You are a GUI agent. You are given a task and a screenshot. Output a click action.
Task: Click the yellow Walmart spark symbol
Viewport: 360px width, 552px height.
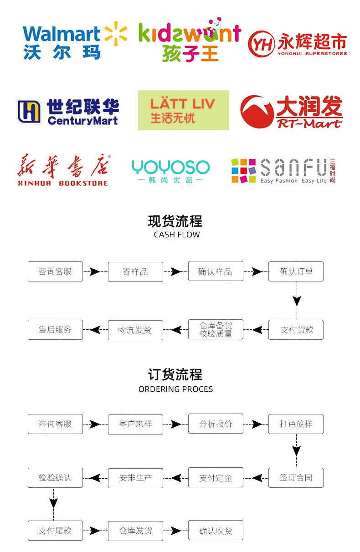(116, 34)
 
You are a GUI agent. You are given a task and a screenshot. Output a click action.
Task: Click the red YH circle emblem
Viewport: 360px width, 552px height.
(262, 44)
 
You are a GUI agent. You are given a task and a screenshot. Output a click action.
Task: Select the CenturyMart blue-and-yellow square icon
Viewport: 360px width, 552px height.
(29, 112)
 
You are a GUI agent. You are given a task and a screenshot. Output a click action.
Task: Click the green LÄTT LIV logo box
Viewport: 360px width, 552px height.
(184, 110)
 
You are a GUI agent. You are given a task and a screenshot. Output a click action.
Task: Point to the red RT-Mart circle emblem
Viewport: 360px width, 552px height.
(257, 112)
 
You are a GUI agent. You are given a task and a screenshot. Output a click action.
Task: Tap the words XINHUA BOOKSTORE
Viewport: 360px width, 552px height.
(62, 183)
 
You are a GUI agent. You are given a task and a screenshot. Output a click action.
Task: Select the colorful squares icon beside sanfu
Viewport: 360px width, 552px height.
(244, 171)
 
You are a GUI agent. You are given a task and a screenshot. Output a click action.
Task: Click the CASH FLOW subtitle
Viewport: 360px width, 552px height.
(177, 235)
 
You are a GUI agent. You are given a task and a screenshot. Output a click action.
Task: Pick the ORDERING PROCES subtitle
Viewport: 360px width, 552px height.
(176, 389)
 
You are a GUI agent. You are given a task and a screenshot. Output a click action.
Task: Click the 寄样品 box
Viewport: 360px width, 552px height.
(135, 272)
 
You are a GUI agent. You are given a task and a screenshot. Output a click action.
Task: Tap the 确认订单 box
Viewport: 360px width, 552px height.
(296, 271)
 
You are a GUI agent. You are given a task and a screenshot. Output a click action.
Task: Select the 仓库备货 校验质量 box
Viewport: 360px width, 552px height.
(216, 329)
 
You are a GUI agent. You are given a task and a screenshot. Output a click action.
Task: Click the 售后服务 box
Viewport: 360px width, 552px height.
(55, 330)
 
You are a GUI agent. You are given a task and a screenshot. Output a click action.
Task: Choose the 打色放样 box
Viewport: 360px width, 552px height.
(296, 424)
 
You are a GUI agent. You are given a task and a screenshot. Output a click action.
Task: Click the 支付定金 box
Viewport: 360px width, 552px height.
(216, 477)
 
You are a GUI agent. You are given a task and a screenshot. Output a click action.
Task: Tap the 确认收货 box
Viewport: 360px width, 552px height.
(216, 530)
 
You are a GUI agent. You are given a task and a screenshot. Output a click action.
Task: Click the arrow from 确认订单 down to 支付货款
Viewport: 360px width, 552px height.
(297, 301)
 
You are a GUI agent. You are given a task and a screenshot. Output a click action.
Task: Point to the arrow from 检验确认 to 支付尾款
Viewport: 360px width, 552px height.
(53, 504)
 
